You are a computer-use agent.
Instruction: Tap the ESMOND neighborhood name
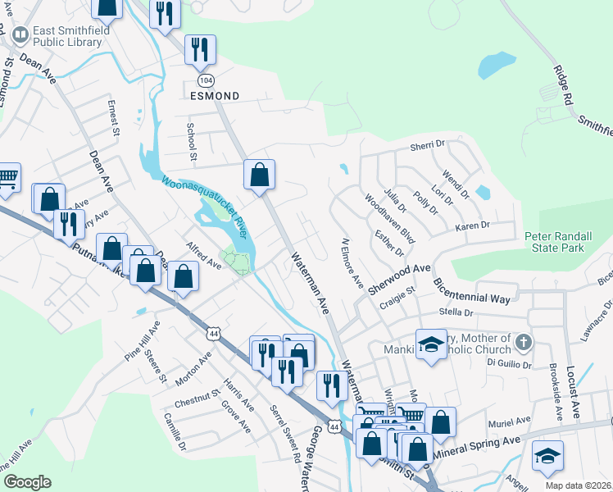point(215,96)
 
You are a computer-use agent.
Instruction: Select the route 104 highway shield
point(205,80)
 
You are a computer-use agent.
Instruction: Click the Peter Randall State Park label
point(566,242)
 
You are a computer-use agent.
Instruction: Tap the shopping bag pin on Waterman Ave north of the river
point(259,175)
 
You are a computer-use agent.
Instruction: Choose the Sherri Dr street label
point(426,144)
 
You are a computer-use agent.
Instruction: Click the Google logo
point(27,481)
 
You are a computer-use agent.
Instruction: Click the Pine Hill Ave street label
point(143,343)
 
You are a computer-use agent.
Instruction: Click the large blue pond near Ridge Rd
point(497,63)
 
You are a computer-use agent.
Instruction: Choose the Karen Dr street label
point(472,225)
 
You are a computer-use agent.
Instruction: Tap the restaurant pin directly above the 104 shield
point(199,50)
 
